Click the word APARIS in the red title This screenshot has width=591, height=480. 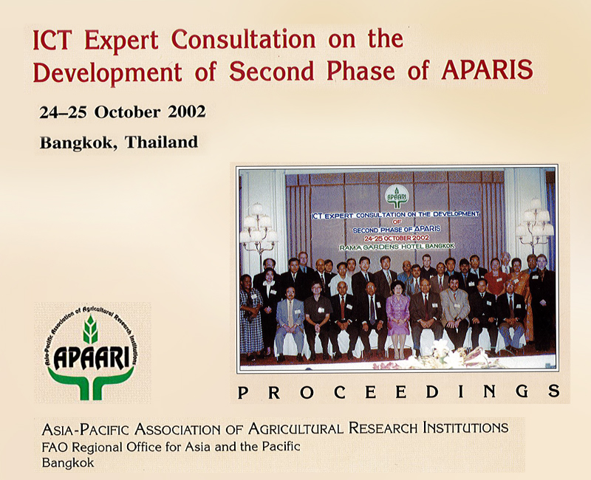click(x=487, y=70)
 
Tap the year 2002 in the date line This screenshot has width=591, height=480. click(x=187, y=112)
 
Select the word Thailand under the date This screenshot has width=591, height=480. click(x=161, y=142)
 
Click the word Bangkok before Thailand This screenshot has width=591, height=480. click(x=79, y=143)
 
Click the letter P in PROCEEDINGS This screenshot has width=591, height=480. click(x=243, y=393)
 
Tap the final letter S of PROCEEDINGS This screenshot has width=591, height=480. click(x=553, y=391)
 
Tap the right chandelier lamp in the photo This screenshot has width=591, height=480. click(x=535, y=224)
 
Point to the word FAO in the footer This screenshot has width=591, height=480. click(x=55, y=448)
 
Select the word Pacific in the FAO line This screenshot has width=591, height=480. click(x=279, y=447)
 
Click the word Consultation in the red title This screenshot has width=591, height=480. click(x=244, y=39)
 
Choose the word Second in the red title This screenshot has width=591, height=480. click(x=271, y=71)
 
